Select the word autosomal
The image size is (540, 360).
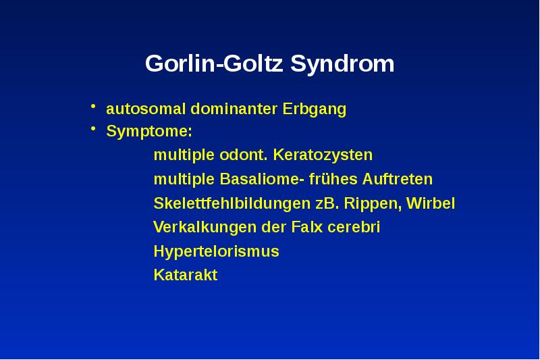[146, 109]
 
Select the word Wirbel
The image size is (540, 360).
[431, 204]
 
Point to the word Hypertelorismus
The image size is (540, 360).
[216, 252]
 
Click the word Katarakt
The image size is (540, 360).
[186, 276]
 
